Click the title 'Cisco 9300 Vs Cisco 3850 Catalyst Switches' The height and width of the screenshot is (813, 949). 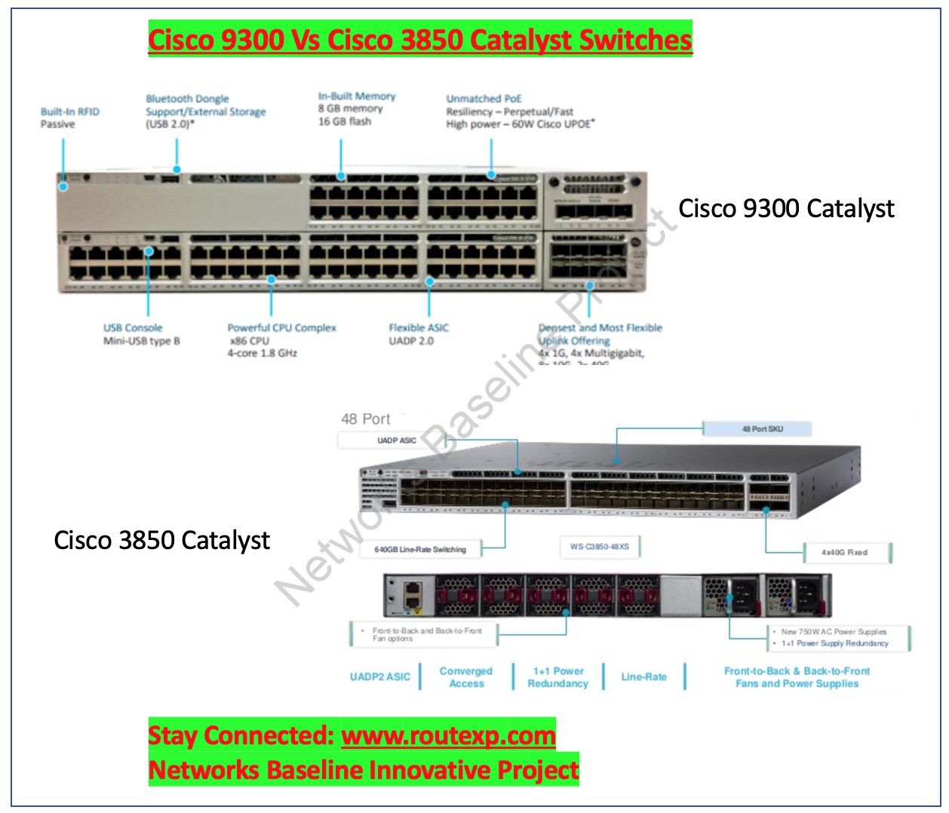(419, 40)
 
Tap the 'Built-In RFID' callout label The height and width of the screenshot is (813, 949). (70, 112)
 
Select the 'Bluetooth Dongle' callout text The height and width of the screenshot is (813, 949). (187, 99)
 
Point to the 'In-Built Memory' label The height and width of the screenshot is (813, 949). (357, 97)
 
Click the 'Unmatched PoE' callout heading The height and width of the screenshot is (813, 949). (484, 99)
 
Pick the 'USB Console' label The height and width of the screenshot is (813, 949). (133, 328)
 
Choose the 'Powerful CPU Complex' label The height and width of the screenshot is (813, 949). (281, 328)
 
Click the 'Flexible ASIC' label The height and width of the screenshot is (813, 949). (419, 328)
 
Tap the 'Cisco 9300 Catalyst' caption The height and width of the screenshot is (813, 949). (786, 209)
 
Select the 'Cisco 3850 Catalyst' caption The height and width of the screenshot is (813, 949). (161, 540)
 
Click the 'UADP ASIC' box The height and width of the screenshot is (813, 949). (397, 440)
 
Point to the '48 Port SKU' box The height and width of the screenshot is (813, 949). (763, 429)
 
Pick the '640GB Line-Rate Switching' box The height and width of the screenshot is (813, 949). (420, 550)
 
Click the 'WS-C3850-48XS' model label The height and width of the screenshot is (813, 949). (600, 547)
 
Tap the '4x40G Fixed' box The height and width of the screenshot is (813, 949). (844, 553)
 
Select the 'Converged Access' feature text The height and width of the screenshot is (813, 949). (466, 677)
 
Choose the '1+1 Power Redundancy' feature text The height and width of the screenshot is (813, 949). (558, 677)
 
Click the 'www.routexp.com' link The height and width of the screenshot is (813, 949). (448, 735)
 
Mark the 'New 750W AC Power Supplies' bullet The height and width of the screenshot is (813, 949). (834, 632)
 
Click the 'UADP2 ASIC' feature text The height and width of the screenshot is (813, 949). (380, 677)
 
